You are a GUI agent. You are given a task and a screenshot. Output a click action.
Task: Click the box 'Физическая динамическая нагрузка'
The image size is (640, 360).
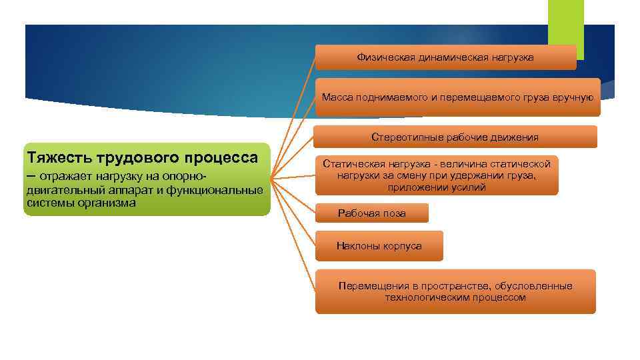[x=445, y=58]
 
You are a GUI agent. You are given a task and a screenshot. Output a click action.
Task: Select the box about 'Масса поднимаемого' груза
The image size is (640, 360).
[x=457, y=97]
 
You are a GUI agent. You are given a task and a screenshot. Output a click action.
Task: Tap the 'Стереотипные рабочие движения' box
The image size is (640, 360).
[x=455, y=137]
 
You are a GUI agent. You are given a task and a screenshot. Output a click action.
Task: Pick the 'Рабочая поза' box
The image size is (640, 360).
[x=371, y=213]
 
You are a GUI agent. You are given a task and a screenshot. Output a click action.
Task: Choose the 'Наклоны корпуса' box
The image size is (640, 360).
[x=379, y=246]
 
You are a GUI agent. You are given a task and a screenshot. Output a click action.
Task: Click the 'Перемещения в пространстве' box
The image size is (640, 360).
[x=455, y=291]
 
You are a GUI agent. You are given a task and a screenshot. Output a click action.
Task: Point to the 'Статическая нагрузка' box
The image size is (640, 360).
[x=436, y=175]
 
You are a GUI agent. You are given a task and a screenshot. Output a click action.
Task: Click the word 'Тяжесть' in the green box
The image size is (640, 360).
[x=59, y=157]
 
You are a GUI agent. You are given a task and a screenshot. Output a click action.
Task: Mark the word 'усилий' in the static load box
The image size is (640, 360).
[x=471, y=187]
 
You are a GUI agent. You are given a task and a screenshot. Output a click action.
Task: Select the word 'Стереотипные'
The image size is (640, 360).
[x=402, y=137]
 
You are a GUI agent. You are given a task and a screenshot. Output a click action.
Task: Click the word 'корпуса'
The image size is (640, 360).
[x=403, y=246]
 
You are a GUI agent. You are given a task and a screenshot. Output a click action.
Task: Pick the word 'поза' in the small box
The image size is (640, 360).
[x=393, y=213]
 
